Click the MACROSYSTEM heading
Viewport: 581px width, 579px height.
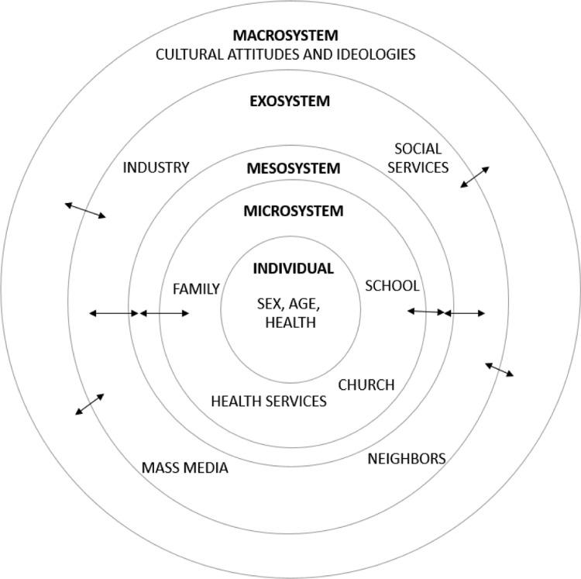pos(290,36)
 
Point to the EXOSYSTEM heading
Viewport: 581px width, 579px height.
pos(290,102)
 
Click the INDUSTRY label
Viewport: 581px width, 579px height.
pos(156,167)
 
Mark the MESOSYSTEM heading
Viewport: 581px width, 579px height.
pos(293,168)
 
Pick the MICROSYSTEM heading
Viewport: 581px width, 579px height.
pos(293,211)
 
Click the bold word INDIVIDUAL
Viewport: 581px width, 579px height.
pos(293,269)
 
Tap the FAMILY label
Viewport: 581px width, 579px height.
pos(196,289)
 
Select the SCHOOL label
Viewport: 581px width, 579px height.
pos(392,286)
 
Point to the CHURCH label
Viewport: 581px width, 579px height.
pos(366,384)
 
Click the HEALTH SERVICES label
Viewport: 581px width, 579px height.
pos(269,402)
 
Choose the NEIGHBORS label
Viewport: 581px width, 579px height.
pos(406,459)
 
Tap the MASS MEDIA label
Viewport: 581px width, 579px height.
pos(184,468)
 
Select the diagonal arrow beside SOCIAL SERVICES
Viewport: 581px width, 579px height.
pos(475,177)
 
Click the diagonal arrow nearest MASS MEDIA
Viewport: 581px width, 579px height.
pos(90,404)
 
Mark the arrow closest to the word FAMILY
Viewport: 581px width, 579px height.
pos(163,313)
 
